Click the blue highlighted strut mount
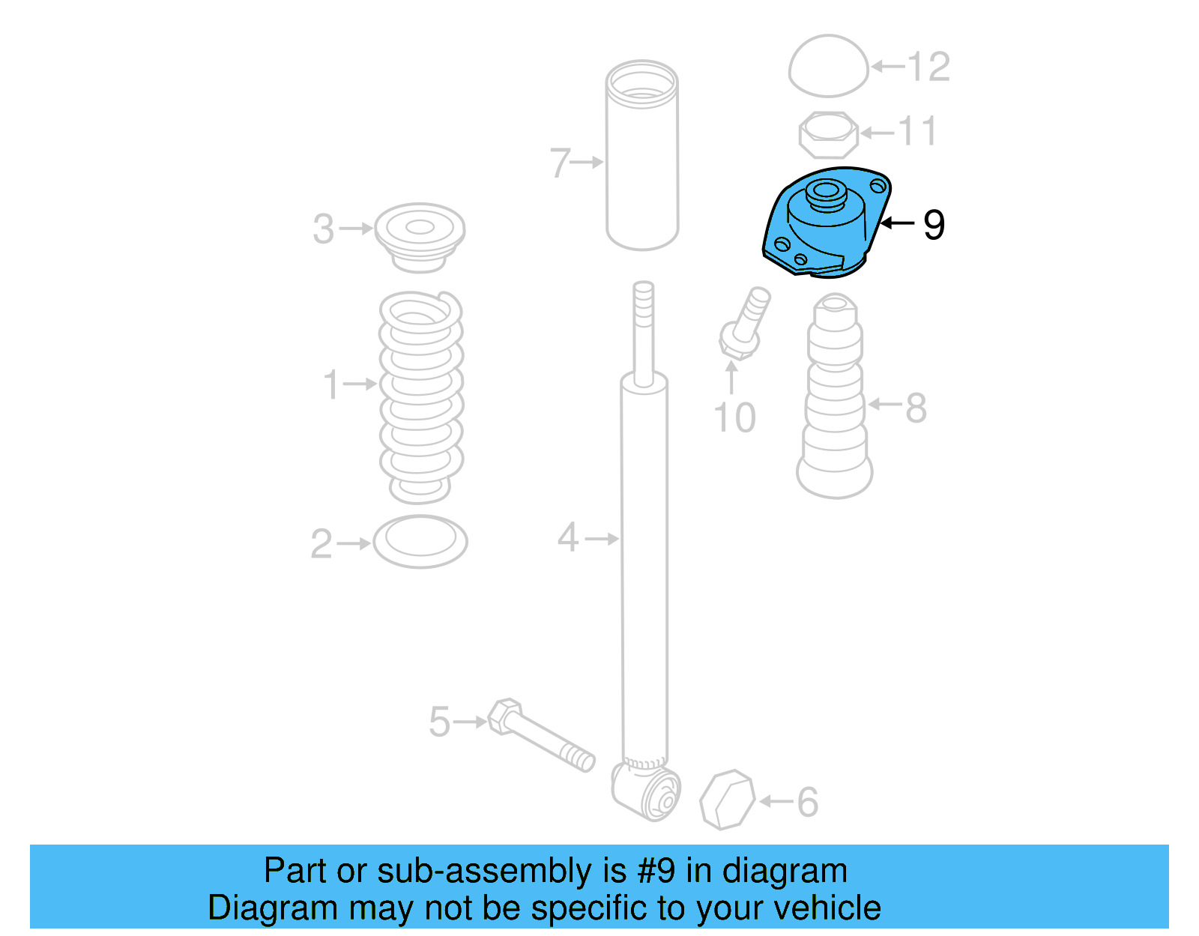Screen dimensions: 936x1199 pyautogui.click(x=824, y=225)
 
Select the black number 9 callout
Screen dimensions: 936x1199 pyautogui.click(x=934, y=224)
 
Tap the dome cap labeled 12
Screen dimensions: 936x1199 pyautogui.click(x=828, y=66)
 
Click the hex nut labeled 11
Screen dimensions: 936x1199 pyautogui.click(x=827, y=135)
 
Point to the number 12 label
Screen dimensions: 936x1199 pyautogui.click(x=929, y=67)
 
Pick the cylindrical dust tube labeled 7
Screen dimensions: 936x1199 pyautogui.click(x=642, y=157)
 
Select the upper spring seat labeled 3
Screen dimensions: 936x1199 pyautogui.click(x=420, y=235)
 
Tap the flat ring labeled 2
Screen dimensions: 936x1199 pyautogui.click(x=420, y=541)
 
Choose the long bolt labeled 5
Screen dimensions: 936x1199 pyautogui.click(x=540, y=735)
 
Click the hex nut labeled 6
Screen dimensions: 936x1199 pyautogui.click(x=727, y=800)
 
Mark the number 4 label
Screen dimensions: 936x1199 pyautogui.click(x=568, y=537)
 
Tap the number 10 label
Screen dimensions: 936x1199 pyautogui.click(x=734, y=417)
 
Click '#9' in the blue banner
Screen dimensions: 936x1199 pyautogui.click(x=656, y=871)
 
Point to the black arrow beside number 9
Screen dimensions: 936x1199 pyautogui.click(x=898, y=223)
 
